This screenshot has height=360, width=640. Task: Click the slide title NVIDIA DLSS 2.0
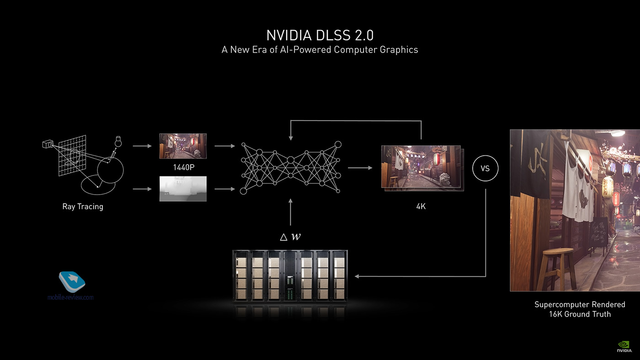[320, 35]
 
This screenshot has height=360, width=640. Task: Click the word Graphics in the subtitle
[399, 50]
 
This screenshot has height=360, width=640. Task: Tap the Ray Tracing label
[83, 206]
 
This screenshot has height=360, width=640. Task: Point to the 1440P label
[183, 167]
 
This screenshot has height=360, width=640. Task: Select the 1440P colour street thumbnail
[183, 146]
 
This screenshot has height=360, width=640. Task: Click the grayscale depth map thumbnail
[183, 189]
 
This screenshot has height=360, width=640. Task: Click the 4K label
[421, 206]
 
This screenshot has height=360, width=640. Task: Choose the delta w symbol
[290, 237]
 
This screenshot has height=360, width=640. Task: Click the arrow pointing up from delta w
[290, 212]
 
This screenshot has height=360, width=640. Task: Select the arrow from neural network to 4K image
[360, 168]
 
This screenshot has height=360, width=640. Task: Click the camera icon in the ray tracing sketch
[48, 144]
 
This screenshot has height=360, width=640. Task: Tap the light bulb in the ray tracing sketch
[118, 141]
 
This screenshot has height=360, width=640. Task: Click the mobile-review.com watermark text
[70, 297]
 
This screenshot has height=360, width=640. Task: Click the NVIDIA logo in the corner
[624, 347]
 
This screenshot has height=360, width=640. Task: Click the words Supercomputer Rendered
[580, 304]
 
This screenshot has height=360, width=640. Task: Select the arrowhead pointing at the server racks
[357, 276]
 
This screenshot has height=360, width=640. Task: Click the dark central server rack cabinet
[290, 276]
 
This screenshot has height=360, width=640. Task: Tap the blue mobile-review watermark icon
[72, 281]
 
